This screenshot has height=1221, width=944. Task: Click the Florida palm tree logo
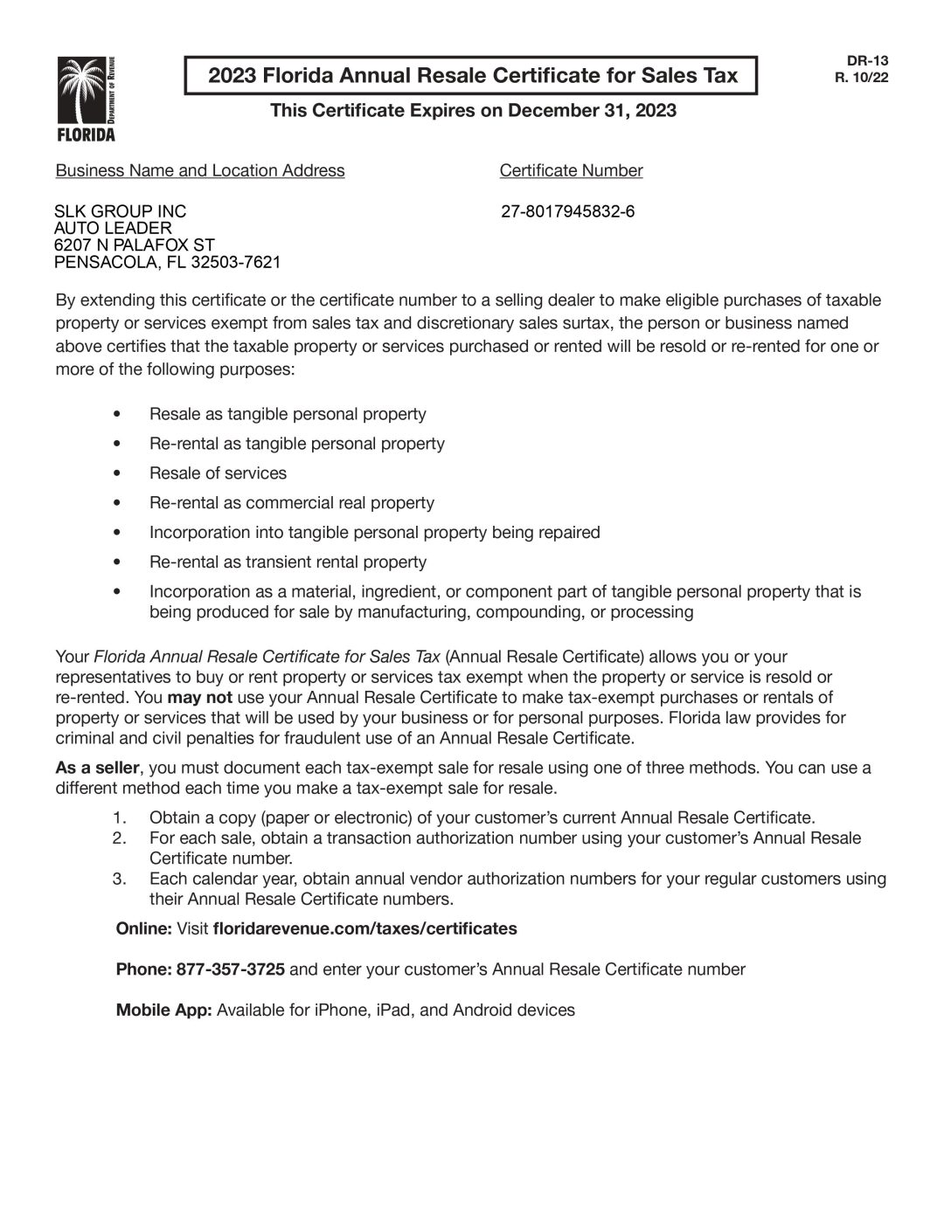tap(86, 98)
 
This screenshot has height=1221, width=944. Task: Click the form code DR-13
tap(867, 60)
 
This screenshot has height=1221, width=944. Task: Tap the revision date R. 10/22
tap(867, 76)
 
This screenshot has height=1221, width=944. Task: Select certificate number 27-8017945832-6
tap(568, 211)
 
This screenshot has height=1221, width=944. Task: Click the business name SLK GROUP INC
tap(120, 211)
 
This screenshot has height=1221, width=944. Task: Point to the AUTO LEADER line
tap(113, 228)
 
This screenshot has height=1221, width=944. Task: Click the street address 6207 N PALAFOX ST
tap(134, 245)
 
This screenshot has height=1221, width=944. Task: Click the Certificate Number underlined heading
tap(571, 170)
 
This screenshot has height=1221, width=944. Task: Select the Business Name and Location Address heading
tap(199, 170)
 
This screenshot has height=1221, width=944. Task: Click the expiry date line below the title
tap(473, 110)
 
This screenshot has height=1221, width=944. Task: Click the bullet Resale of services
tap(218, 473)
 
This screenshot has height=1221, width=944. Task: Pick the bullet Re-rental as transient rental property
tap(288, 562)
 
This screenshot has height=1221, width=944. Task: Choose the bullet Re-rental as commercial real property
tap(291, 503)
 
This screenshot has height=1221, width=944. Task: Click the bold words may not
tap(199, 697)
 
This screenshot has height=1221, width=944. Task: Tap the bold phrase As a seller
tap(97, 768)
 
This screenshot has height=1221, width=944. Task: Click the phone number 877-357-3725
tap(230, 969)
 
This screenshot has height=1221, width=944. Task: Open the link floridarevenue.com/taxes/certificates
tap(364, 928)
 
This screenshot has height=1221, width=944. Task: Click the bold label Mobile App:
tap(163, 1011)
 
